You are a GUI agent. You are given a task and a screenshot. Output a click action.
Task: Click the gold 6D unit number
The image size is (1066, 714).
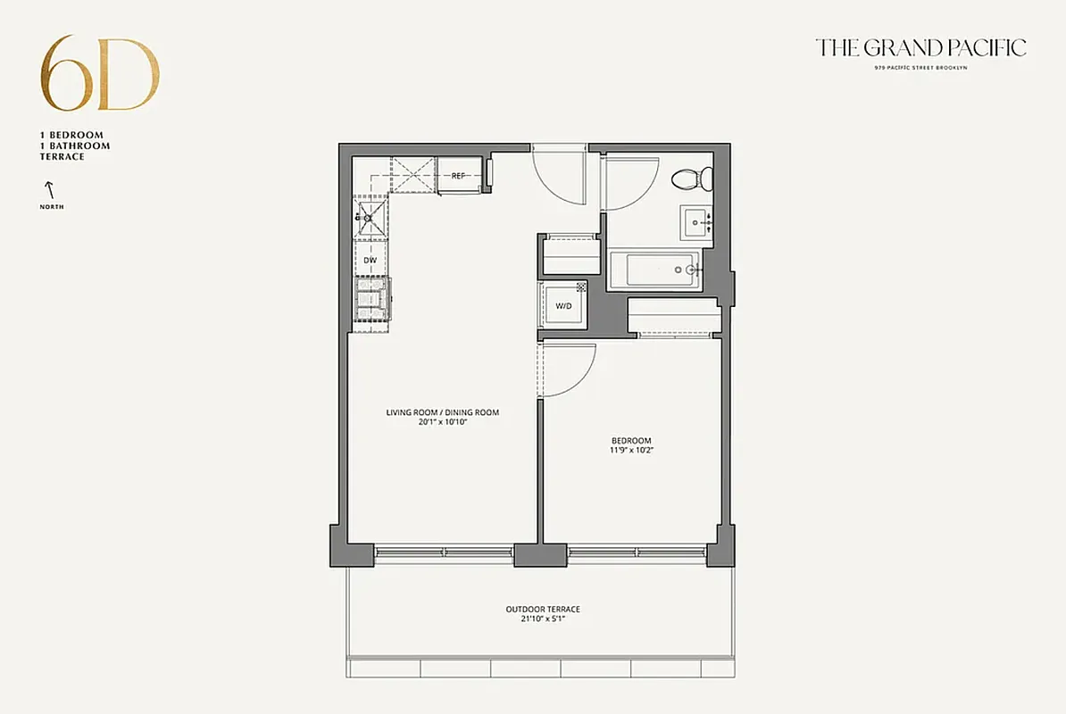(x=100, y=74)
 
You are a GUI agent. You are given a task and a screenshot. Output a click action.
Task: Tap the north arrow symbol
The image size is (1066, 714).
(x=51, y=188)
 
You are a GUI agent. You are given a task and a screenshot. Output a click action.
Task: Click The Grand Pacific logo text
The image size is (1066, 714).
(x=920, y=47)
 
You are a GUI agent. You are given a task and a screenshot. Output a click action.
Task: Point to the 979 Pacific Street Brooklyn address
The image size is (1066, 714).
(x=920, y=68)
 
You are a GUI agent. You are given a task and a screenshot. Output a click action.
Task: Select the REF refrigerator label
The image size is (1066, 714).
(x=458, y=176)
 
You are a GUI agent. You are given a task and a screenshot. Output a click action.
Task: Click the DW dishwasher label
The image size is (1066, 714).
(x=370, y=260)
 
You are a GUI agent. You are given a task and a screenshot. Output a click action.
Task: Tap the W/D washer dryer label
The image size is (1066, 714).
(x=563, y=306)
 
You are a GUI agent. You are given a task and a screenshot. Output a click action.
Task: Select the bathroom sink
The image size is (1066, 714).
(x=696, y=222)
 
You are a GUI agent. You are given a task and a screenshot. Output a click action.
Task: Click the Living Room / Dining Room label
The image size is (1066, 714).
(x=442, y=412)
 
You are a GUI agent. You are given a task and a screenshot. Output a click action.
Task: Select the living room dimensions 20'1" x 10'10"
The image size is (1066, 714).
(x=442, y=422)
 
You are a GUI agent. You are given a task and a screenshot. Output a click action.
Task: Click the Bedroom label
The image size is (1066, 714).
(x=630, y=440)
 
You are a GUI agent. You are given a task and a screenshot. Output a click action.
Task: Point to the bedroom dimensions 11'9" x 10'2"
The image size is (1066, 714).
(x=630, y=451)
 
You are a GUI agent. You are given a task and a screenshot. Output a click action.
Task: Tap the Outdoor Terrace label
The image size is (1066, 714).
(x=542, y=610)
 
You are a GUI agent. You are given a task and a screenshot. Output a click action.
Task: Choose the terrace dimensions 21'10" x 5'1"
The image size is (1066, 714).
(x=542, y=619)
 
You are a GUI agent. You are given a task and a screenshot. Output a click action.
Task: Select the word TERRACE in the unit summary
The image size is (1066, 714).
(x=62, y=157)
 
